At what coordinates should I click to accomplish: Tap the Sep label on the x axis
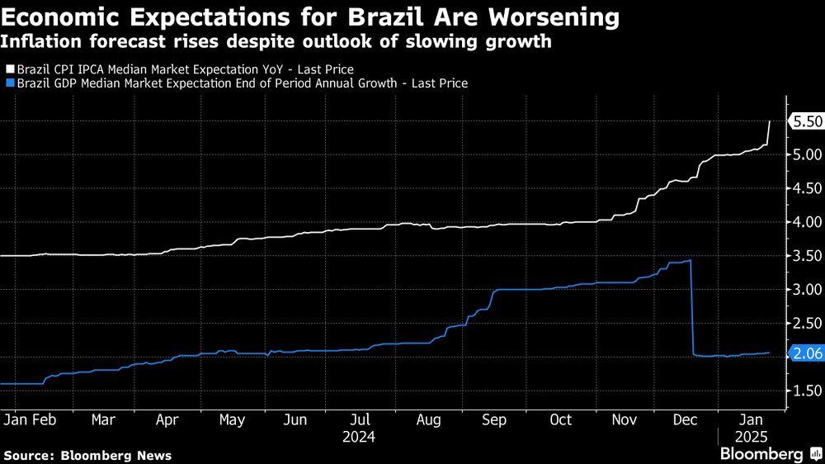click(493, 420)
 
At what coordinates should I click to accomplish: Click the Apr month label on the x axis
click(167, 420)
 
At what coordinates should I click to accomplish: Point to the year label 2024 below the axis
click(361, 436)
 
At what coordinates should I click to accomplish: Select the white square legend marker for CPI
click(9, 70)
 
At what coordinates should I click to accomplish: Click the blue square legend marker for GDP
click(9, 83)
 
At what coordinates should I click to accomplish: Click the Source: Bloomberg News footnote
click(87, 455)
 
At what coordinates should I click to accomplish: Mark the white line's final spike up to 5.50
click(768, 132)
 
